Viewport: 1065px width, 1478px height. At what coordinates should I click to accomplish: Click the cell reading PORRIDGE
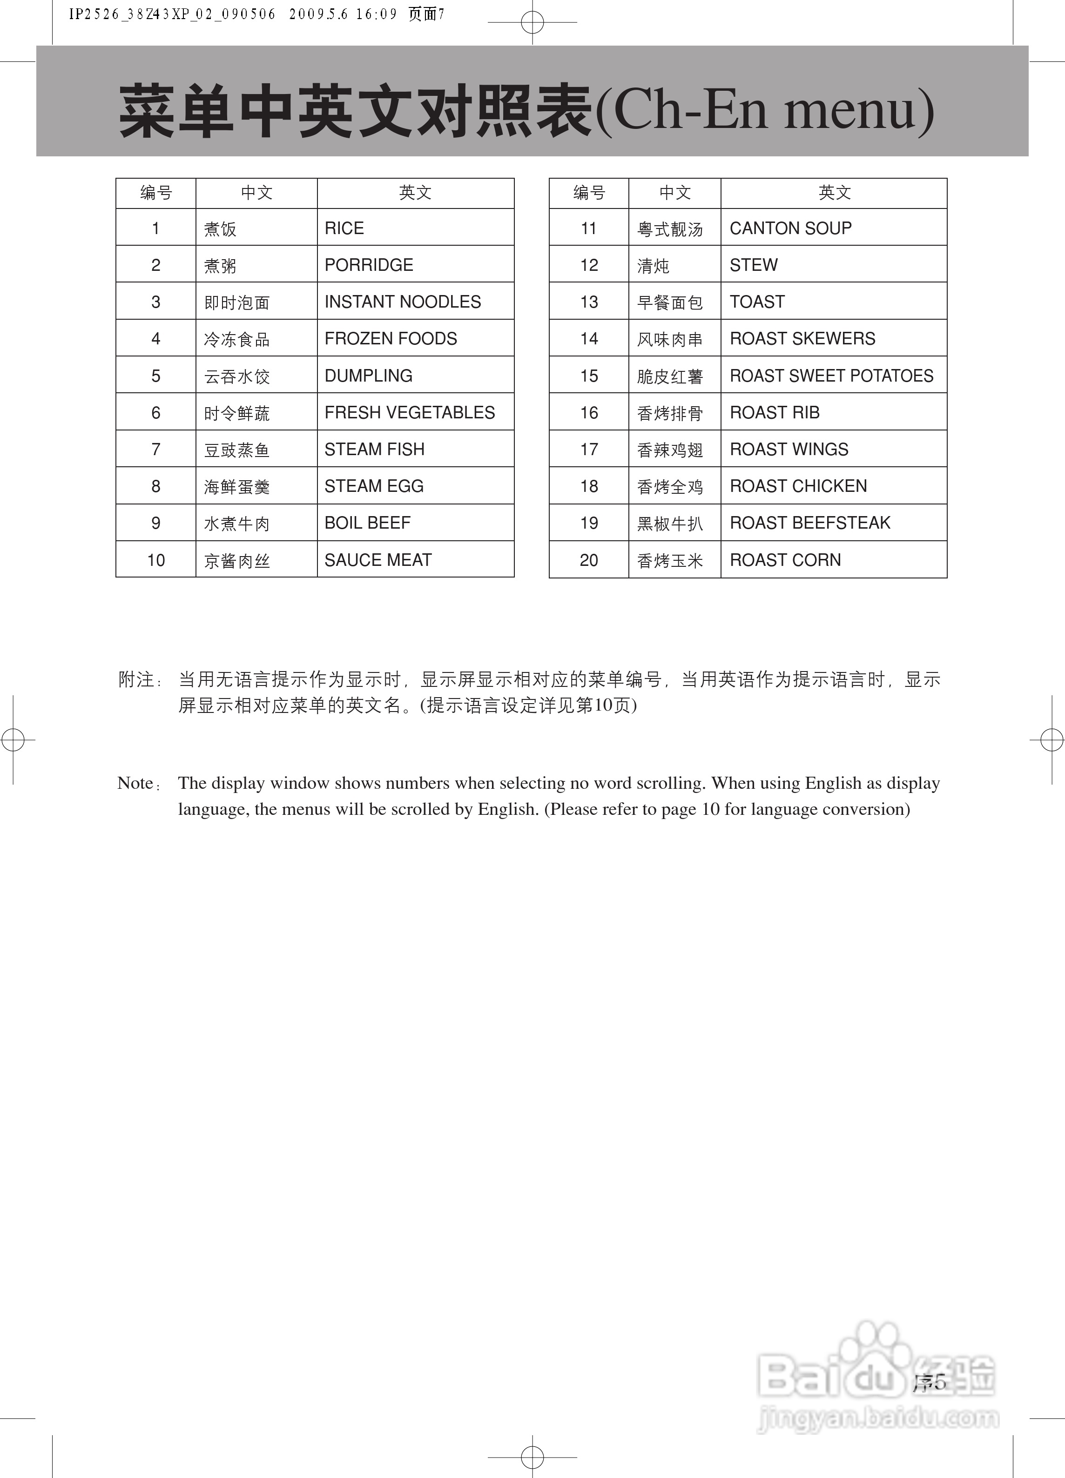click(x=369, y=265)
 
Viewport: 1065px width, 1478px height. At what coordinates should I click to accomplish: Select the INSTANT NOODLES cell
click(x=402, y=302)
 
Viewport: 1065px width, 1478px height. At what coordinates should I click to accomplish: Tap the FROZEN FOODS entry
click(x=391, y=339)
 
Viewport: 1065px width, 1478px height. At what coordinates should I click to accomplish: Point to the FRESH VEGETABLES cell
click(x=409, y=412)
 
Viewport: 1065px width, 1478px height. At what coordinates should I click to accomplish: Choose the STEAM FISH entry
click(x=374, y=450)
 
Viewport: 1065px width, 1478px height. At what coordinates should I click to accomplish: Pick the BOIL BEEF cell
click(x=368, y=523)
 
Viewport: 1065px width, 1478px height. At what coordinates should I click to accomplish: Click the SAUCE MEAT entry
click(x=378, y=560)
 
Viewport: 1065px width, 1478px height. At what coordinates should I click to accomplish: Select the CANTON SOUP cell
click(x=790, y=228)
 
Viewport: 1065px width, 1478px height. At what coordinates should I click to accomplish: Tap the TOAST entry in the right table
click(x=757, y=302)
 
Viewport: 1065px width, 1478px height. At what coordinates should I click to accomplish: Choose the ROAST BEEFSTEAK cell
click(x=809, y=523)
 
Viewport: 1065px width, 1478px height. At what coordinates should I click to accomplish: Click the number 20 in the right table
click(x=588, y=560)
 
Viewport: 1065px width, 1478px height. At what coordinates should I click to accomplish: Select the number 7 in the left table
click(x=156, y=450)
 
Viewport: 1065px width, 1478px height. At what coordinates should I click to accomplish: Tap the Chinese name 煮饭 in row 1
click(x=220, y=229)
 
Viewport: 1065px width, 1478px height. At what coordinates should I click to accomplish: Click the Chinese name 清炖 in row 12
click(x=653, y=266)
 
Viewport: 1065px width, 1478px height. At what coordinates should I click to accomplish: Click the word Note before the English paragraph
click(x=135, y=783)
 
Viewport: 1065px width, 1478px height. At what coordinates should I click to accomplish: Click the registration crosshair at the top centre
click(x=532, y=22)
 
